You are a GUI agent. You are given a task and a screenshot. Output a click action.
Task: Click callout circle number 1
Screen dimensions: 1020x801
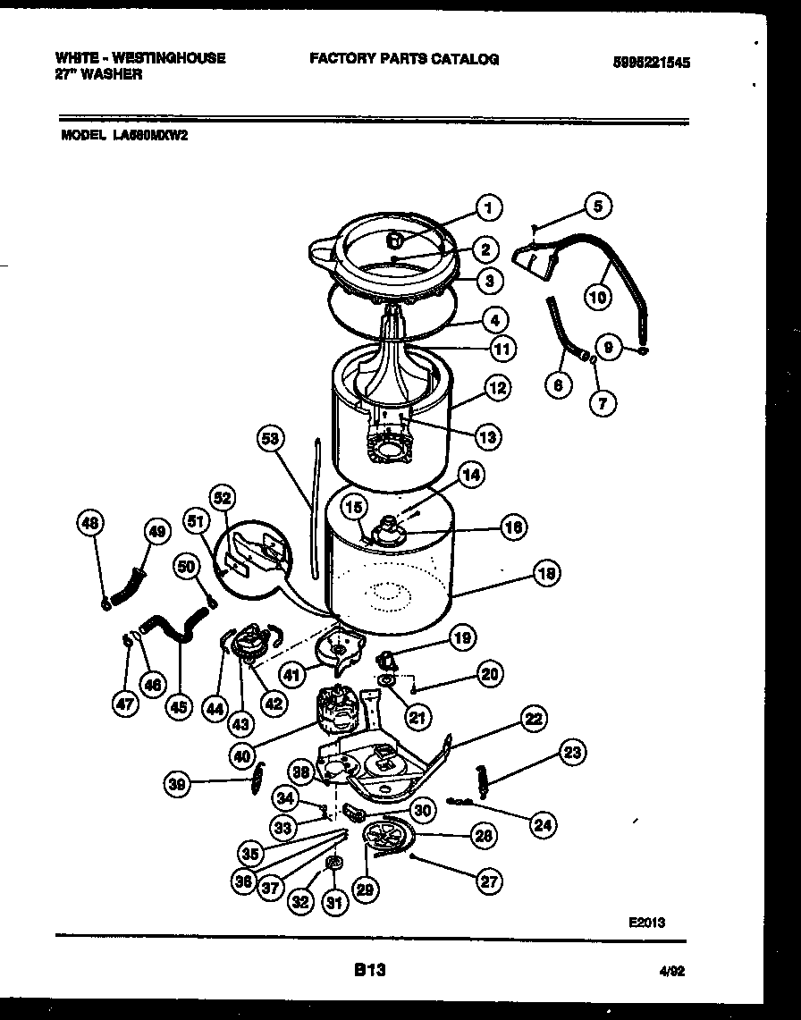tap(487, 208)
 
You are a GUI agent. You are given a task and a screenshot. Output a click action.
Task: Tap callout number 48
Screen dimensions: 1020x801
tap(90, 524)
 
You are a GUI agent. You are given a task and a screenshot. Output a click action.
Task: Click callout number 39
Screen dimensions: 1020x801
tap(179, 784)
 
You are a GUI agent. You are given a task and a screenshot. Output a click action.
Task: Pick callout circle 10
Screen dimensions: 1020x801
tap(597, 297)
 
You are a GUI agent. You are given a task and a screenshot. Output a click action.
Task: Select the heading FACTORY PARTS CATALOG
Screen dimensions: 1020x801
tap(404, 59)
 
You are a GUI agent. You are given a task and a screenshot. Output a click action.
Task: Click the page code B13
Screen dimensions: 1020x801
tap(369, 969)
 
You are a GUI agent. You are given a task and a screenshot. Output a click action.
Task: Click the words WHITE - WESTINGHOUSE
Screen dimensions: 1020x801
tap(140, 58)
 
